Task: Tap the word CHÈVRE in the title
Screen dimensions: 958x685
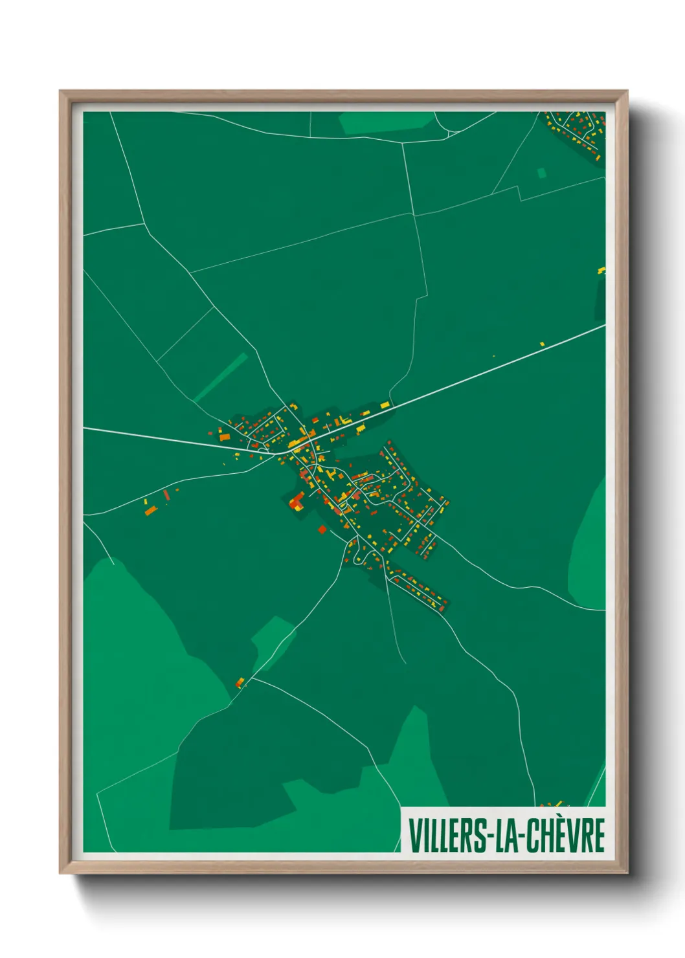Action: tap(565, 836)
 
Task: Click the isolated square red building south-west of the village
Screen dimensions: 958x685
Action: tap(322, 530)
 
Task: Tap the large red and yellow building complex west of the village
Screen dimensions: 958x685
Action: tap(297, 502)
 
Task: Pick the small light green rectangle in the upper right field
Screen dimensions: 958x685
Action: tap(541, 173)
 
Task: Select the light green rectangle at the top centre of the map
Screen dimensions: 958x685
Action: tap(387, 122)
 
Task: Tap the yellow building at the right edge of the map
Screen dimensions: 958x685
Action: tap(601, 270)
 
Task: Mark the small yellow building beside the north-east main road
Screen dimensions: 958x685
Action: tap(542, 343)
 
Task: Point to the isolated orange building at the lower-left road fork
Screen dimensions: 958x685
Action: tap(240, 682)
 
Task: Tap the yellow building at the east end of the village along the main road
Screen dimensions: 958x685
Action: tap(385, 405)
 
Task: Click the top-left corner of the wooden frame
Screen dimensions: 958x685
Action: tap(60, 91)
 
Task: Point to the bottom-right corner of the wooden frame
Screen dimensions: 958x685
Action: tap(627, 873)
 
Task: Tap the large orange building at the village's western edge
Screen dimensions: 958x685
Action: tap(225, 438)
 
